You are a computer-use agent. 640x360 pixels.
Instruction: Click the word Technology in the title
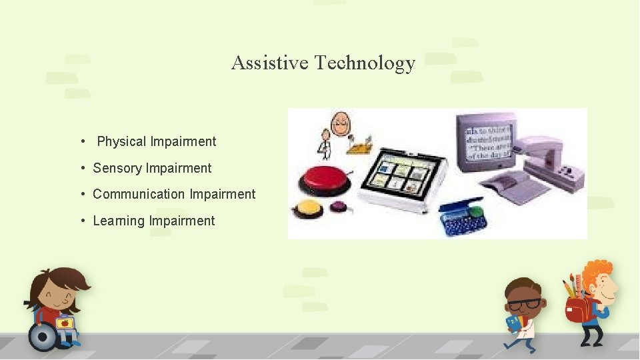(365, 63)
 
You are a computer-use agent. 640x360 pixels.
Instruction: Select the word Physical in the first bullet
(121, 141)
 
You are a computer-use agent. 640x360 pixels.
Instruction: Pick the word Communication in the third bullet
(139, 194)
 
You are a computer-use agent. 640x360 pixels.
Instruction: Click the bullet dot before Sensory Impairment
(83, 168)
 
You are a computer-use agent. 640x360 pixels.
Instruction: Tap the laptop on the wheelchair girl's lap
(65, 323)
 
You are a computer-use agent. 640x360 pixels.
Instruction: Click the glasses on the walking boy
(525, 303)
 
